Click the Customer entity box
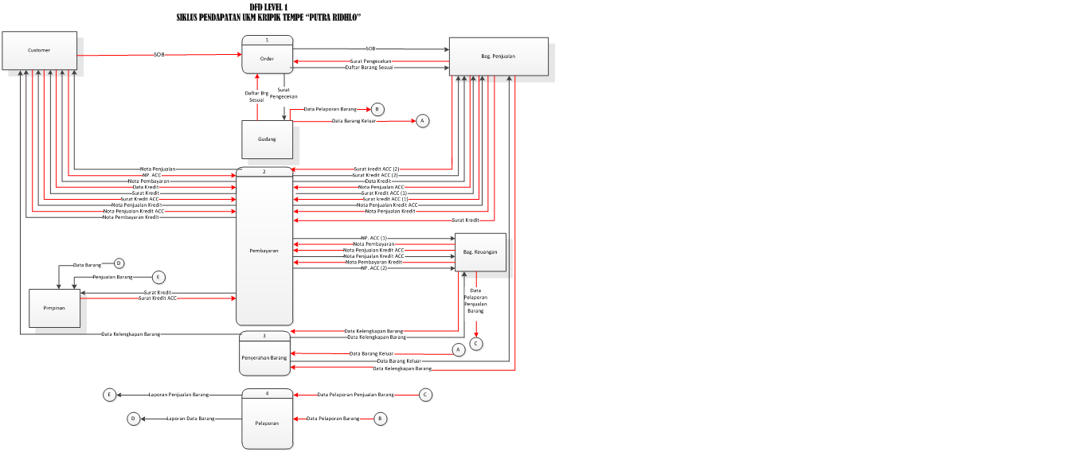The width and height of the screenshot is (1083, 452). [39, 50]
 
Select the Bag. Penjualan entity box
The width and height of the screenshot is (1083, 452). [498, 56]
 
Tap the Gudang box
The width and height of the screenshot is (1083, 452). [267, 139]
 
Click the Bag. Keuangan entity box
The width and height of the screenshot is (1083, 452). [480, 252]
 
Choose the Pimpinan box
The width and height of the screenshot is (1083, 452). [55, 308]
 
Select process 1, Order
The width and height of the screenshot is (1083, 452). [268, 57]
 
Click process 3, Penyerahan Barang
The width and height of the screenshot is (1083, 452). [264, 358]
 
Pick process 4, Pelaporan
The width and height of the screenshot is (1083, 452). [267, 423]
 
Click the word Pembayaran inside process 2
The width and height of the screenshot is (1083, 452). [264, 251]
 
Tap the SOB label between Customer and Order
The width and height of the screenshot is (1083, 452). [159, 55]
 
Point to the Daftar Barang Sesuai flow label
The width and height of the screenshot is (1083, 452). [369, 68]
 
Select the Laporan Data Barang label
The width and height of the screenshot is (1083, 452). [190, 419]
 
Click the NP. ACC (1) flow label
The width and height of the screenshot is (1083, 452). [373, 238]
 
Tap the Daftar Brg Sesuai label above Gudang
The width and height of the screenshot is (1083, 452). [256, 97]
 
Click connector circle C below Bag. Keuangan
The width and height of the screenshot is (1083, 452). [476, 344]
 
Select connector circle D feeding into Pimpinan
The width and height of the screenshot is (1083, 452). [119, 263]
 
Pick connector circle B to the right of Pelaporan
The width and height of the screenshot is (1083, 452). [380, 419]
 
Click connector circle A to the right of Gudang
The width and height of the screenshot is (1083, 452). [422, 121]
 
